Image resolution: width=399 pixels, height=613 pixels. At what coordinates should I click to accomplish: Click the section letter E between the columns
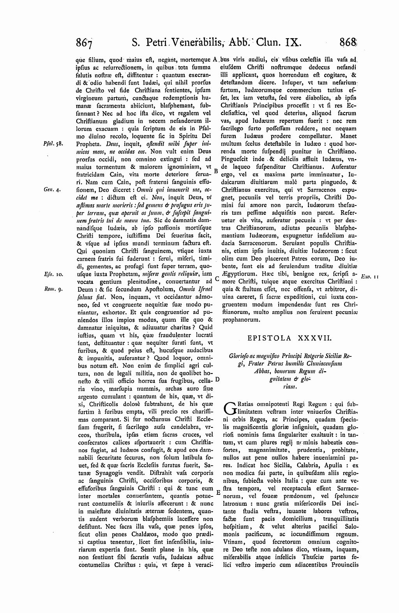[218, 492]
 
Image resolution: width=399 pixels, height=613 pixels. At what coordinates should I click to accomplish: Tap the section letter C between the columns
[218, 279]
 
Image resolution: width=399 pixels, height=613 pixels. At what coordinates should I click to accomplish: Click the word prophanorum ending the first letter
[241, 320]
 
